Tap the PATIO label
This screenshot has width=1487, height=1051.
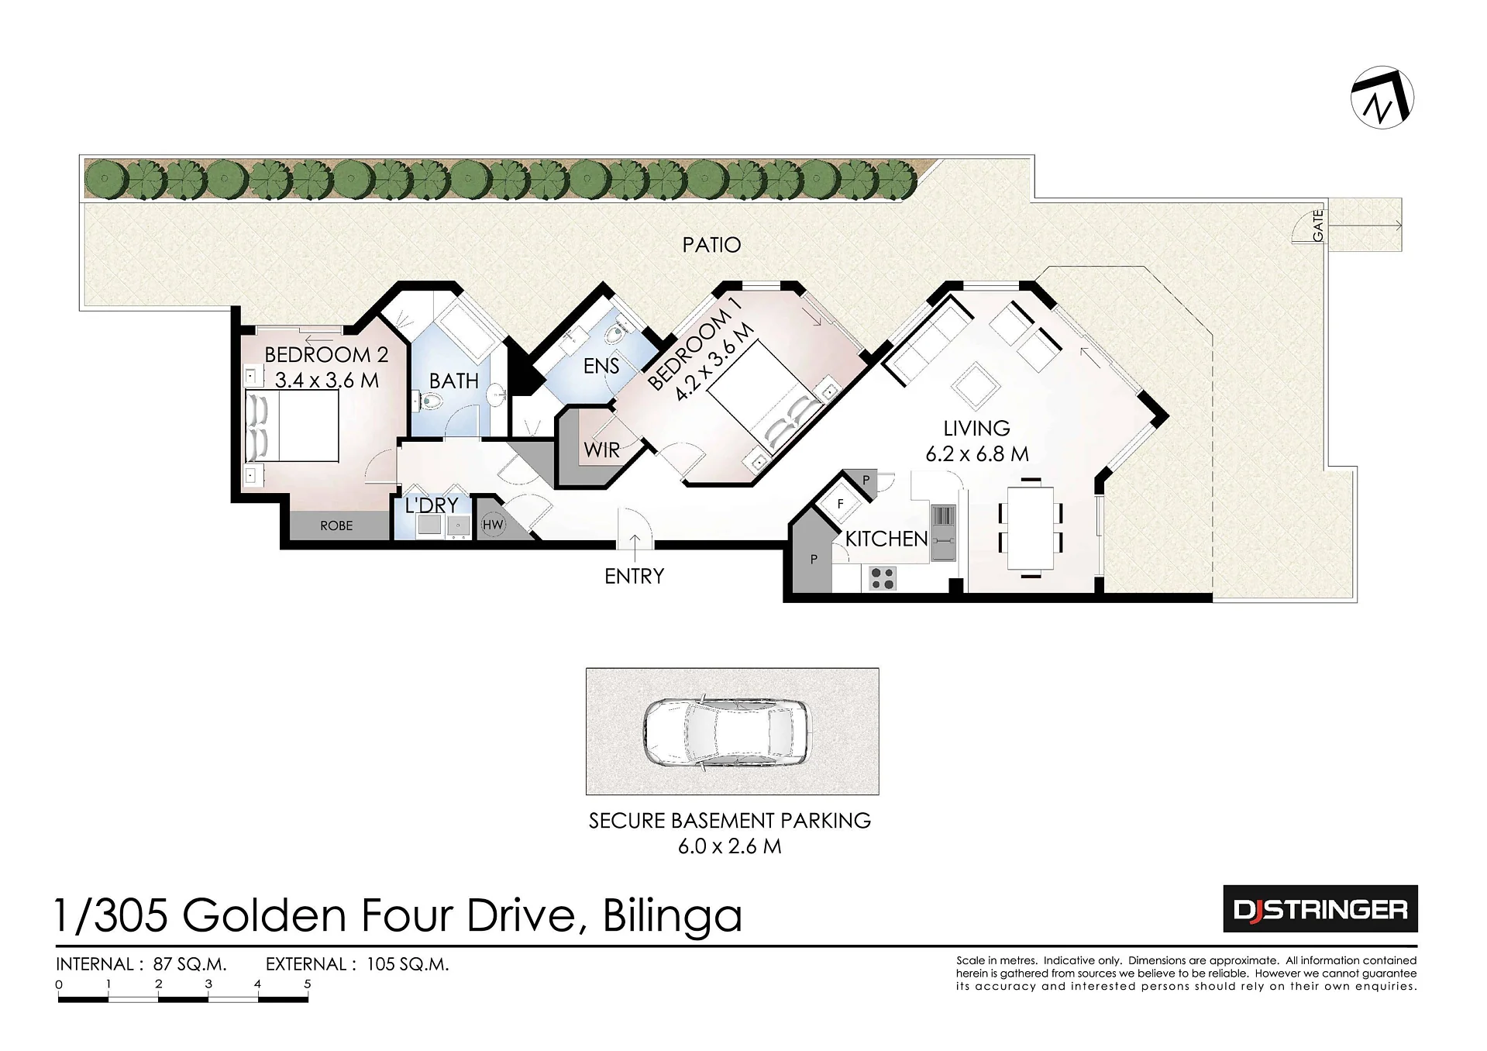711,245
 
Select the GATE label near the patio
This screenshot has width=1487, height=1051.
1318,226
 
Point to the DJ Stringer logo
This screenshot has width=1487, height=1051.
1320,908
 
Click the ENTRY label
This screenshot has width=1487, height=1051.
635,576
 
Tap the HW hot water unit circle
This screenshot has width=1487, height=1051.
493,525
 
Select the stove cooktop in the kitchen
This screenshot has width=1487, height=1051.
882,577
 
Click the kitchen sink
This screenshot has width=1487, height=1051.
943,532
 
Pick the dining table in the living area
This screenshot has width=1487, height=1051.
1031,528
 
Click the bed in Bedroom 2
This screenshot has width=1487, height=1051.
292,426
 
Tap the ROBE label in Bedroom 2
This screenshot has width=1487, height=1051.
336,525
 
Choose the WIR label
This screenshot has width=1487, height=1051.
602,450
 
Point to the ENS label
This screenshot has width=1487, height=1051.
601,366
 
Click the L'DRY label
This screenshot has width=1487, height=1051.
432,505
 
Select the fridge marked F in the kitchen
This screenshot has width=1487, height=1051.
840,505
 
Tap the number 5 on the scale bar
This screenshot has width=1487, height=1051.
308,984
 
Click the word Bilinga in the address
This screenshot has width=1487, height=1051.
673,915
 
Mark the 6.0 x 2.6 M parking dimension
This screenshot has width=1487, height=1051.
730,846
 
